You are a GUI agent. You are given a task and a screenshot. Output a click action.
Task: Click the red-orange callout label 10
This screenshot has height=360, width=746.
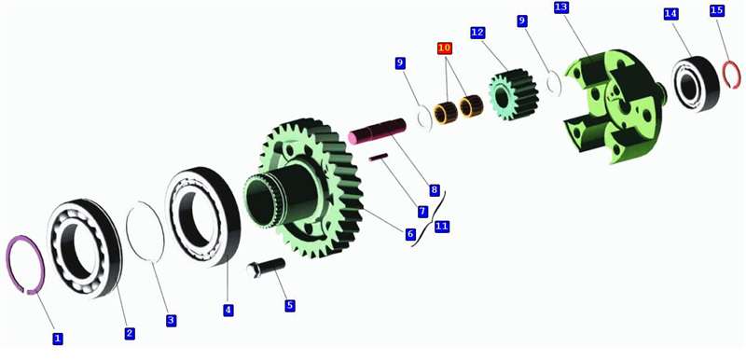click(x=445, y=48)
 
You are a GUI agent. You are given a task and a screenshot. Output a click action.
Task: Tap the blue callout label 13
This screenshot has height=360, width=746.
click(x=561, y=8)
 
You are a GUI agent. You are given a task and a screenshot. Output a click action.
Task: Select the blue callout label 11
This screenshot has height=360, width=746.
click(x=441, y=227)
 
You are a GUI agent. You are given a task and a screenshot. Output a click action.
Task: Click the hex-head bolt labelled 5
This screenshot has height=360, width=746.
click(x=266, y=268)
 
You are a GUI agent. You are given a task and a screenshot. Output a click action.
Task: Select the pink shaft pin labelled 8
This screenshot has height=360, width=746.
click(x=378, y=131)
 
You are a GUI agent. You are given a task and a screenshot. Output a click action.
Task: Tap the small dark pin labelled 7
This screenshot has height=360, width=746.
click(x=379, y=157)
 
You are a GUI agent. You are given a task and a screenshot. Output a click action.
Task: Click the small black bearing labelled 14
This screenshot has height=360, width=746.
click(x=696, y=84)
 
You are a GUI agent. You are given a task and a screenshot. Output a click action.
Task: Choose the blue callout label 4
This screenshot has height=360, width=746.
click(x=228, y=310)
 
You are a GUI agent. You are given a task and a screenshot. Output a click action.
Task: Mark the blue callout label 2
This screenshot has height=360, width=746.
click(x=130, y=333)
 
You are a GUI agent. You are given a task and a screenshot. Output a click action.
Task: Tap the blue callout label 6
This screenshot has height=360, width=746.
click(x=410, y=234)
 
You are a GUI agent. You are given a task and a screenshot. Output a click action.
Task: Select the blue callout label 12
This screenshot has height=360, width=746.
click(x=477, y=33)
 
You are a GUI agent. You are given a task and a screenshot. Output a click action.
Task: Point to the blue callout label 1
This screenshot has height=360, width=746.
click(x=58, y=339)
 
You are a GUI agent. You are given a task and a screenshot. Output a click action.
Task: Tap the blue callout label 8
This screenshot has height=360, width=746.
click(x=434, y=190)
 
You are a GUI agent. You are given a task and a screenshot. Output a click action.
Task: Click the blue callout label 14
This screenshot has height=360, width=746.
click(x=670, y=14)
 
